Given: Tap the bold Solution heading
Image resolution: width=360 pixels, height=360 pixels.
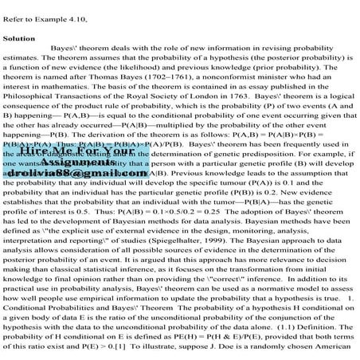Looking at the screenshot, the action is [x=18, y=37].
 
